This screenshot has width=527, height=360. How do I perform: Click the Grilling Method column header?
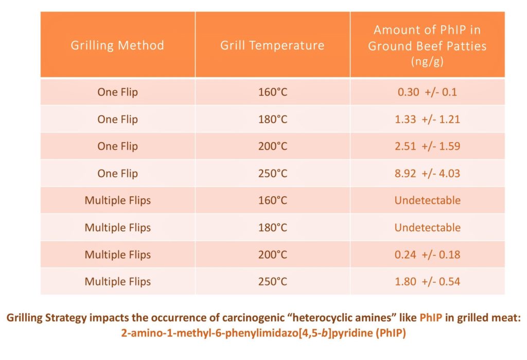pyautogui.click(x=117, y=45)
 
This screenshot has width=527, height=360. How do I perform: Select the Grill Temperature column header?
pyautogui.click(x=272, y=45)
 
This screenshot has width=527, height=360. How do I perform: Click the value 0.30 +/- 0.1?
pyautogui.click(x=427, y=93)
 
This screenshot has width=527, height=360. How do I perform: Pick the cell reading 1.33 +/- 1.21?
pyautogui.click(x=427, y=119)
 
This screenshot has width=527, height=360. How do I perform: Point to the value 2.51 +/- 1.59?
pyautogui.click(x=427, y=146)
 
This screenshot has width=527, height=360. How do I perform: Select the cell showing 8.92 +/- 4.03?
pyautogui.click(x=427, y=173)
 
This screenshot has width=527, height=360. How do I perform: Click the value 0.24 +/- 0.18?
pyautogui.click(x=427, y=254)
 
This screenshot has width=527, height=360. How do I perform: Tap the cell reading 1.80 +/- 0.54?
pyautogui.click(x=427, y=281)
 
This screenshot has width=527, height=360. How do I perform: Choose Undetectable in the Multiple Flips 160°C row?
pyautogui.click(x=427, y=200)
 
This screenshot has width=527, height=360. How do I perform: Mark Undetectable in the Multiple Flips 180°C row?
pyautogui.click(x=427, y=227)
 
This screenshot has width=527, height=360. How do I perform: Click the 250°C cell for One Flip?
pyautogui.click(x=272, y=173)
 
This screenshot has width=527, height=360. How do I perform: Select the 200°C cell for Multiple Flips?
pyautogui.click(x=272, y=254)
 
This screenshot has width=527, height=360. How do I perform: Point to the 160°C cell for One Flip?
pyautogui.click(x=272, y=93)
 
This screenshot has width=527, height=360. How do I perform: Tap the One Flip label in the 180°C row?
pyautogui.click(x=117, y=119)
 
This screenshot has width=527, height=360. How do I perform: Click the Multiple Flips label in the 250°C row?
pyautogui.click(x=117, y=281)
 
